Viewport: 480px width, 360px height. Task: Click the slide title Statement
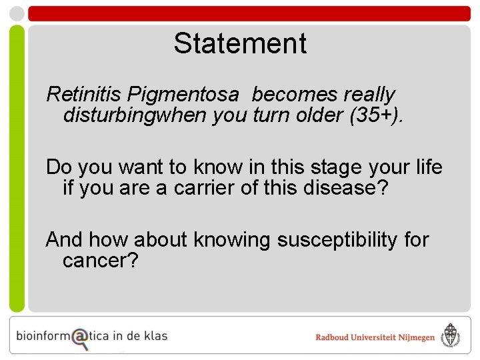click(x=240, y=44)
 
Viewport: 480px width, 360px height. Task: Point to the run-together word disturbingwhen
click(x=135, y=115)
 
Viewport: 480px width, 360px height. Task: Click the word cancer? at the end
click(x=100, y=261)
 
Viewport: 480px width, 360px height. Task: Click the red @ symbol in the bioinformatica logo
click(x=79, y=337)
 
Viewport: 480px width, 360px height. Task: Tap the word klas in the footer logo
click(x=155, y=336)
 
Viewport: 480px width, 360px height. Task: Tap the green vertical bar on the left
click(x=17, y=167)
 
